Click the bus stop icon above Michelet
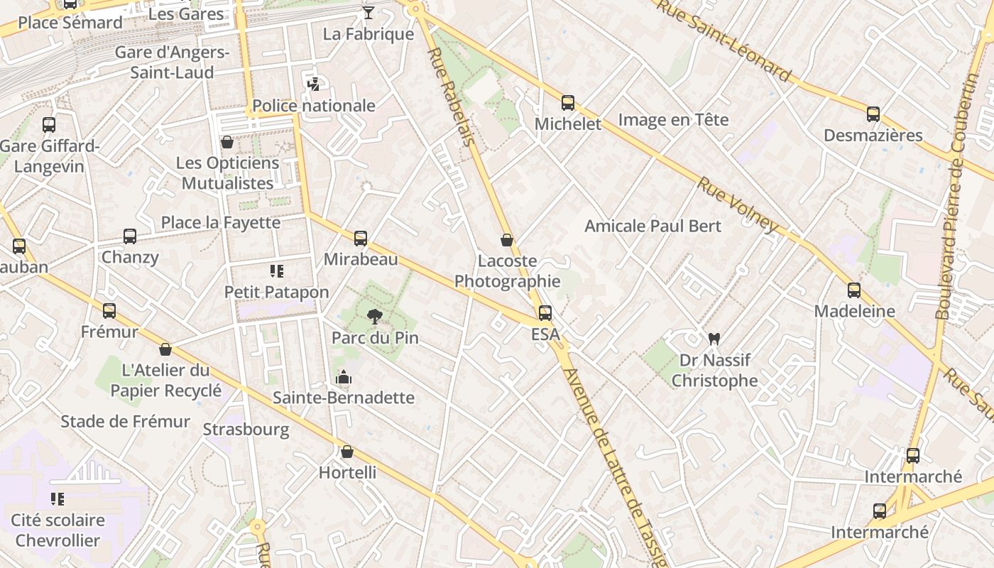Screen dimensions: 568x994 (x=568, y=103)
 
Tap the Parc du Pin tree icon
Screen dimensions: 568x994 (x=374, y=317)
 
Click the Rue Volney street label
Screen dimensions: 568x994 (x=738, y=204)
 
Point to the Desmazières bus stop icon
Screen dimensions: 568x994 (x=873, y=114)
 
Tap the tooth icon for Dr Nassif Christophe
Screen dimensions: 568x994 (x=714, y=339)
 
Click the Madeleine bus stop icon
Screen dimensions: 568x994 (x=854, y=290)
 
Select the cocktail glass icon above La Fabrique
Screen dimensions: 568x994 (x=368, y=13)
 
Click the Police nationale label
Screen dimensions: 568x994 (x=314, y=106)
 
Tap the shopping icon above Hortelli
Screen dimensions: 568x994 (x=347, y=452)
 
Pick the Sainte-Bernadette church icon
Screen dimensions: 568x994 (x=344, y=377)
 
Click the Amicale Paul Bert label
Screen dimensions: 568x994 (x=652, y=226)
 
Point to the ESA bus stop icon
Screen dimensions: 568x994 (x=545, y=312)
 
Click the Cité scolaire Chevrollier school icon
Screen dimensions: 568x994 (x=58, y=499)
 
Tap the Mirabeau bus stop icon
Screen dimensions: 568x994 (x=361, y=239)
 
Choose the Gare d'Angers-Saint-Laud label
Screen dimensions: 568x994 (x=172, y=62)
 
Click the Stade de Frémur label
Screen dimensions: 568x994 (x=125, y=421)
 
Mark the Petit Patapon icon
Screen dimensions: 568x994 (x=277, y=271)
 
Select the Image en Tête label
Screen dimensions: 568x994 (x=673, y=119)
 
